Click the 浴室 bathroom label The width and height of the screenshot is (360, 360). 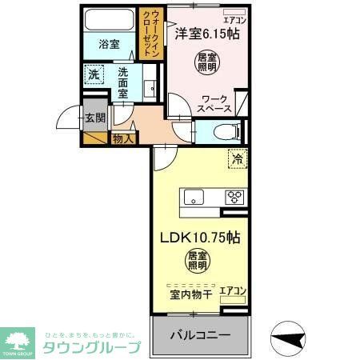tap(110, 45)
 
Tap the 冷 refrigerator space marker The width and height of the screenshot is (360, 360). tap(237, 159)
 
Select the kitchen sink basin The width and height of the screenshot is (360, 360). tap(194, 198)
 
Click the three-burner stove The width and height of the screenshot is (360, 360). tap(234, 197)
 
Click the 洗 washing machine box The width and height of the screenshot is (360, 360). tap(94, 75)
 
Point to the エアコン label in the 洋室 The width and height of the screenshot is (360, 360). tap(234, 19)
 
